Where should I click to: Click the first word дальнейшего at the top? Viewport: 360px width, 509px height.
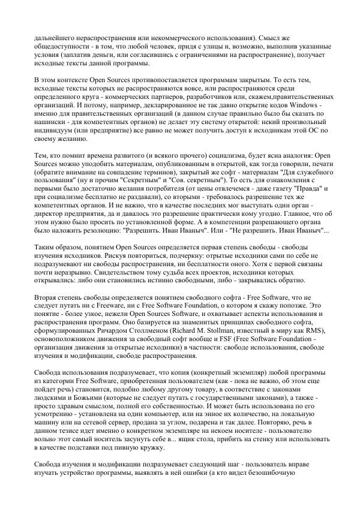(56, 38)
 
